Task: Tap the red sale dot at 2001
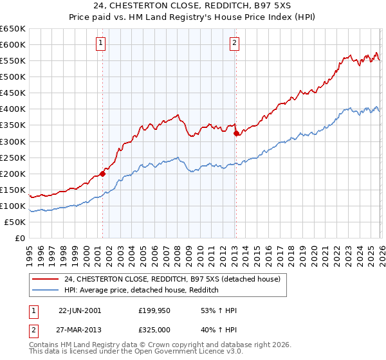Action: [x=102, y=174]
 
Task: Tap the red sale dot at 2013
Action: [x=235, y=133]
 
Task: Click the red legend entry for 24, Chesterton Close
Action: [x=172, y=280]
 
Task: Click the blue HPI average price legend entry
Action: [x=142, y=291]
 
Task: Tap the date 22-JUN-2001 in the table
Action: [x=80, y=310]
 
